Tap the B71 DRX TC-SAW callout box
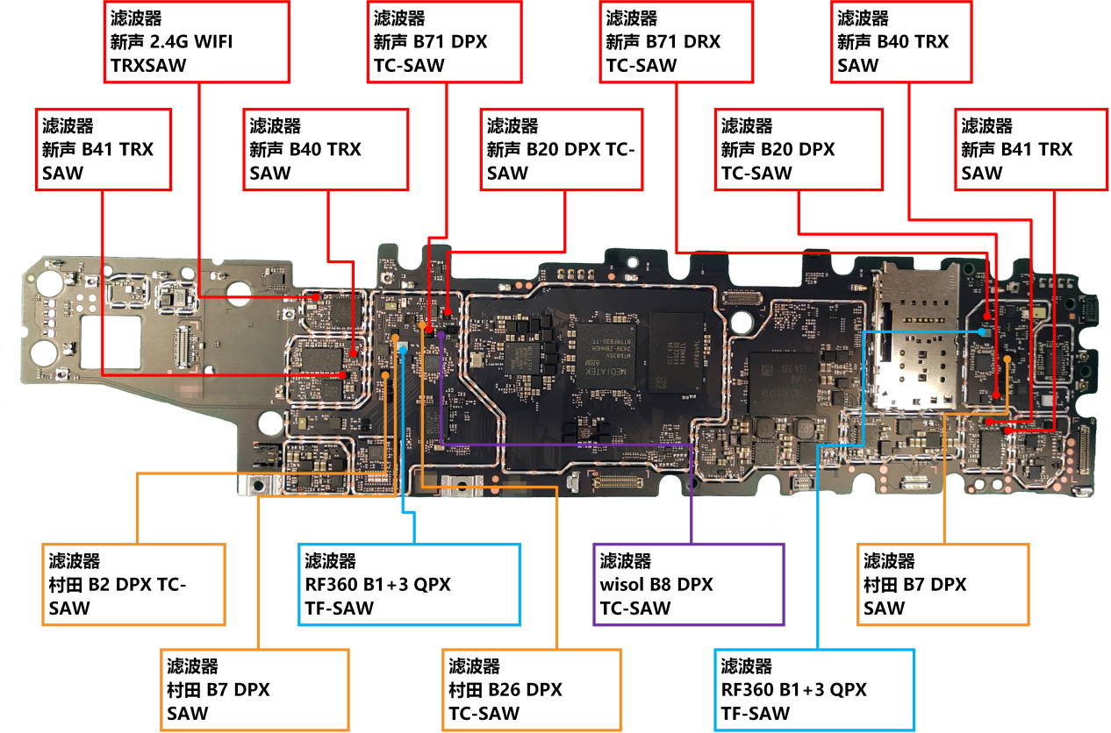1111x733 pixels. click(676, 42)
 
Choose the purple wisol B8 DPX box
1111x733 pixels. click(689, 584)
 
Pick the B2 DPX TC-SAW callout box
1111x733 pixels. click(133, 584)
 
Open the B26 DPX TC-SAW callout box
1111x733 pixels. click(534, 690)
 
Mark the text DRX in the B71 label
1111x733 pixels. click(705, 41)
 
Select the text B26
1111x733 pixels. click(504, 690)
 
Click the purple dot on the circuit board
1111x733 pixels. click(440, 334)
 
